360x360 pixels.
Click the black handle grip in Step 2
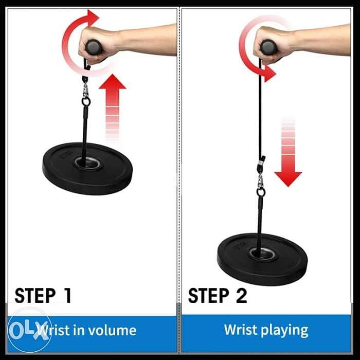[x=268, y=47]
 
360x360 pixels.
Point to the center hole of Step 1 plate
[x=85, y=164]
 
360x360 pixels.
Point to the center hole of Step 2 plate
[x=260, y=253]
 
